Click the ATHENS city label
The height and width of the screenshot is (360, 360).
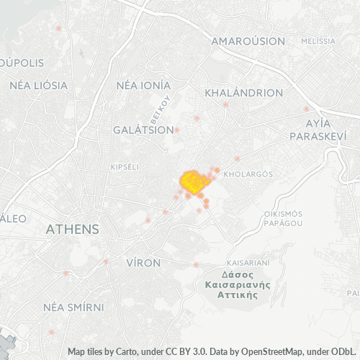72,230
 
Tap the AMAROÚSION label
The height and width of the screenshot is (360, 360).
248,42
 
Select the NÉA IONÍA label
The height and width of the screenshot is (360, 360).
143,85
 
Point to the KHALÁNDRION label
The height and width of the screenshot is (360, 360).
243,93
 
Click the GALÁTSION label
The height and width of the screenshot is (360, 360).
143,130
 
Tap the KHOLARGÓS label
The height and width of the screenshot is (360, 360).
247,174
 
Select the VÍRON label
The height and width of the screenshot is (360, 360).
143,263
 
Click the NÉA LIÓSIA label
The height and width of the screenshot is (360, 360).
38,85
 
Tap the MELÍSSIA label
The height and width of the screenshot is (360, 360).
319,42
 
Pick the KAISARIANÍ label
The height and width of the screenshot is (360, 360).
248,263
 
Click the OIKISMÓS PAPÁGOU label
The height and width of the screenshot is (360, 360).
283,218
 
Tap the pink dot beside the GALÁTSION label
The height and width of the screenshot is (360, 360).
176,130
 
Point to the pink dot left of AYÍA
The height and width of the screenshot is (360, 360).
306,109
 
